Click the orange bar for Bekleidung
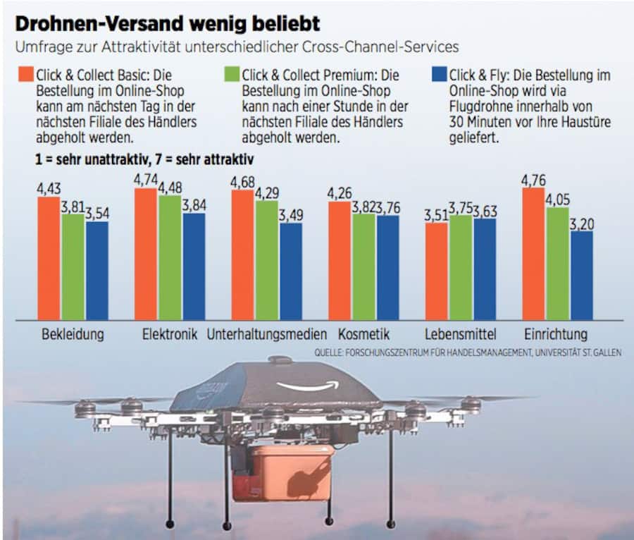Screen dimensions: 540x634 [x=49, y=258]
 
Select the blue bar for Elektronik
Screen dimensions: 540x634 [x=194, y=266]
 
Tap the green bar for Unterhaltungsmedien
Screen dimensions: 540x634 [x=266, y=260]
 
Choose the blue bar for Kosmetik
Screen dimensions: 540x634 [x=387, y=267]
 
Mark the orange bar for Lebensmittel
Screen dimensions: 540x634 [x=436, y=271]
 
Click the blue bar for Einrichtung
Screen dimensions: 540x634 [x=581, y=275]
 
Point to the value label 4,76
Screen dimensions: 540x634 [x=533, y=180]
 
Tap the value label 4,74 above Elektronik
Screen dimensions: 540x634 [x=146, y=180]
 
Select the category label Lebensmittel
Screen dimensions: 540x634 [x=461, y=334]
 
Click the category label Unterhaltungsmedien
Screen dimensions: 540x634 [x=267, y=334]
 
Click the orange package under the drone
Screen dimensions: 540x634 [x=282, y=472]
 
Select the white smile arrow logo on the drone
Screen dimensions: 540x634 [x=308, y=386]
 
